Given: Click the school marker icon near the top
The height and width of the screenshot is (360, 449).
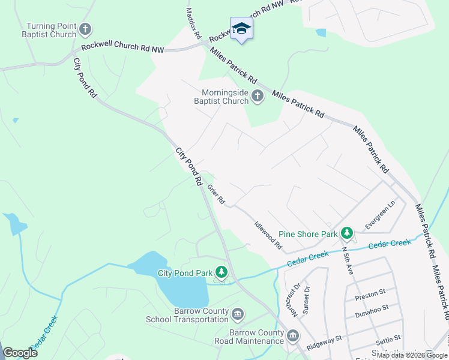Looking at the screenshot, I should click(x=241, y=28).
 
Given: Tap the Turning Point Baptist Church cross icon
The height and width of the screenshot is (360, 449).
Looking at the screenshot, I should click(x=85, y=29).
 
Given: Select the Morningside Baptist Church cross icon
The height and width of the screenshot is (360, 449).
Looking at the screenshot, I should click(x=258, y=96).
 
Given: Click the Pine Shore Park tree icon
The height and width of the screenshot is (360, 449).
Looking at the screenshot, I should click(x=346, y=233).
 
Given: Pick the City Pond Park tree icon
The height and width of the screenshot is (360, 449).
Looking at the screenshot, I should click(x=221, y=273).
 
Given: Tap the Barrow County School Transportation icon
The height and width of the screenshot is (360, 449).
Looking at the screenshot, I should click(x=238, y=314).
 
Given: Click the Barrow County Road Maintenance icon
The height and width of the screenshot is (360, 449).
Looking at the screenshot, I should click(x=292, y=335).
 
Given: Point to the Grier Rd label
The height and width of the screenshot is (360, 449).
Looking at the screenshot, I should click(x=216, y=194).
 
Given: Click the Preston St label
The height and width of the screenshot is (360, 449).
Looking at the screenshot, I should click(x=370, y=294).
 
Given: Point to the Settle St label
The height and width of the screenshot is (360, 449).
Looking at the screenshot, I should click(x=388, y=340).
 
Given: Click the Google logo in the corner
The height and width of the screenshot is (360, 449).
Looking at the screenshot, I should click(x=20, y=353).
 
